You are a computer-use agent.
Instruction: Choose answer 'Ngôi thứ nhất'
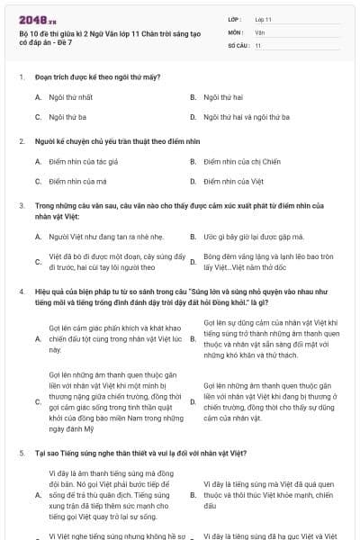click(x=71, y=96)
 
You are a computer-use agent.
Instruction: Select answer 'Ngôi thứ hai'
click(x=224, y=96)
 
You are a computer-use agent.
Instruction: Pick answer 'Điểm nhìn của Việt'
click(x=233, y=182)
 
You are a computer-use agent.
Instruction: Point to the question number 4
click(x=21, y=292)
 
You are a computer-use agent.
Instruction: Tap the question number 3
click(x=21, y=206)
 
